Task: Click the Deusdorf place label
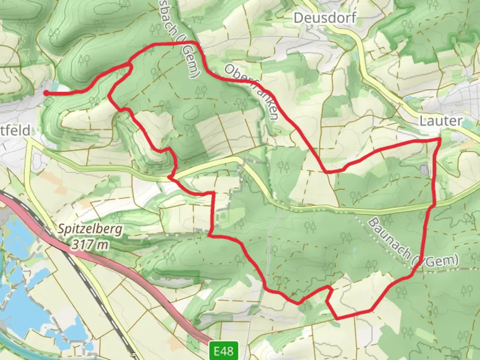325,18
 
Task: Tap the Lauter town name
441,121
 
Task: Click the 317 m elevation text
90,245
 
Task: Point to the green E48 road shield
224,350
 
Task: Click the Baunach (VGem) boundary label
413,243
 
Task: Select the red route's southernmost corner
337,318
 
